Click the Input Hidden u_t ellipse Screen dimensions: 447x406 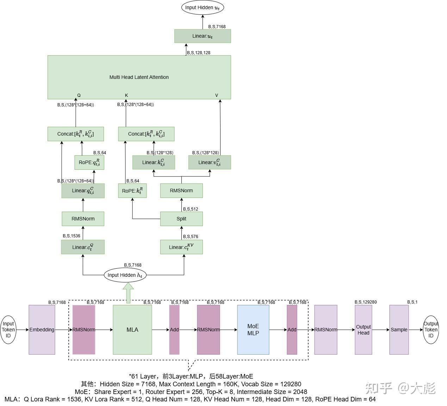203,8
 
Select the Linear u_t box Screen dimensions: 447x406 203,36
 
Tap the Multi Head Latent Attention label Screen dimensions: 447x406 139,77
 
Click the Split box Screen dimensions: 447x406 181,219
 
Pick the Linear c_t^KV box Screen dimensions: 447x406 181,247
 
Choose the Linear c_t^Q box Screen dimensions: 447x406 83,247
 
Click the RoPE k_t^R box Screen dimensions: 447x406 132,191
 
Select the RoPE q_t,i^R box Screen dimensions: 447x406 89,162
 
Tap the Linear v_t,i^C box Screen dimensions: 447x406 210,162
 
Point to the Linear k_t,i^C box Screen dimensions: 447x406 154,162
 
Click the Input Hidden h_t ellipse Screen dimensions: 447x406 125,275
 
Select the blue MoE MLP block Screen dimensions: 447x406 253,330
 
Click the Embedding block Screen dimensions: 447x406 42,330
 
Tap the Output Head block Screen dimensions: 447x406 364,330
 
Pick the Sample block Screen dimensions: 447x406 399,330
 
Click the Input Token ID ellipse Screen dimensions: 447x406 8,330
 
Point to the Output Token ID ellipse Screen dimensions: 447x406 431,330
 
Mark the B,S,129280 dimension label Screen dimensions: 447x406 366,302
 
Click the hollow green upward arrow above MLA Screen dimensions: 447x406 128,293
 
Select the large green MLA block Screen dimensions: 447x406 132,330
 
